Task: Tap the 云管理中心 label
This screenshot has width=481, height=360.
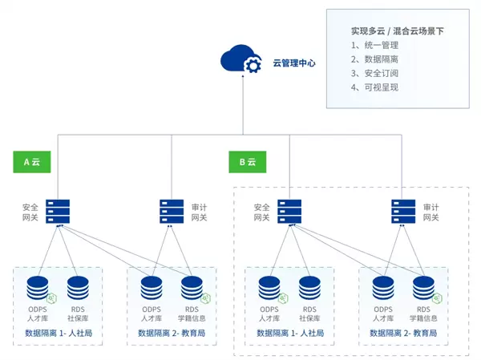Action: point(294,62)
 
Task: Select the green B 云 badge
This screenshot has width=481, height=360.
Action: point(247,161)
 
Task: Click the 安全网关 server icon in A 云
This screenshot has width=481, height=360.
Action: point(57,212)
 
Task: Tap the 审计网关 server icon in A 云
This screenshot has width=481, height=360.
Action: point(172,212)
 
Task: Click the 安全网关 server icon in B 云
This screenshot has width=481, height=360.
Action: point(289,212)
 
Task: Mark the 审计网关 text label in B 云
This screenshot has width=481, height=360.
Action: point(430,212)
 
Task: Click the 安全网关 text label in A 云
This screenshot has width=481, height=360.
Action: point(30,212)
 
